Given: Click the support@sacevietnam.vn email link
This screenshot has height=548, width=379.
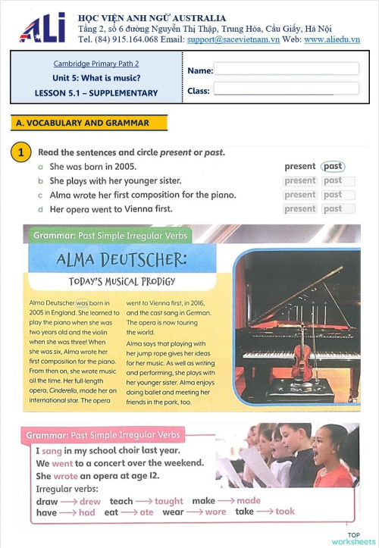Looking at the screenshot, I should [x=233, y=39].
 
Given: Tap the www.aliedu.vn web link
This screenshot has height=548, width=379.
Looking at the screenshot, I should [x=331, y=39].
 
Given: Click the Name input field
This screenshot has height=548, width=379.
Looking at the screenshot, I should [x=286, y=69].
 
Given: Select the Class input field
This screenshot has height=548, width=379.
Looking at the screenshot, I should [x=286, y=89].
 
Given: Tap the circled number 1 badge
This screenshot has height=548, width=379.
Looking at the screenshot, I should [x=22, y=152].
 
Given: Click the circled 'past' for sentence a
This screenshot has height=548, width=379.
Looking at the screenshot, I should [x=332, y=167].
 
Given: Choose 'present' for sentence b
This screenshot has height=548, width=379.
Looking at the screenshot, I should [x=300, y=181].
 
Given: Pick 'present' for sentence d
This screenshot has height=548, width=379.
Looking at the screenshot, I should [x=300, y=208].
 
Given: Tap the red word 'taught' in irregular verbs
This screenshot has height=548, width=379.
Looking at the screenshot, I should [x=169, y=501].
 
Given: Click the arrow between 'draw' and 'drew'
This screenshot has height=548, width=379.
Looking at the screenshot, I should [x=69, y=502].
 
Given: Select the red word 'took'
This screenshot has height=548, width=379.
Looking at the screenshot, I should [x=285, y=512].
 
